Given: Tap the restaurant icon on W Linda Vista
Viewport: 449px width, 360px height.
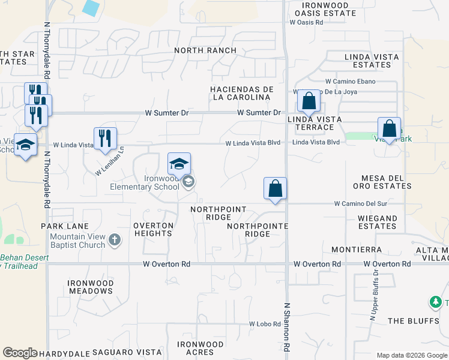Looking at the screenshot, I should pyautogui.click(x=106, y=139).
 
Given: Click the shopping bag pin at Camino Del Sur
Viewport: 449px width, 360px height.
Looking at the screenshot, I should pyautogui.click(x=275, y=188).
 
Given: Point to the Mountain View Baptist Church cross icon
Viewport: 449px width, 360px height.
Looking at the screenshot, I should pyautogui.click(x=115, y=241).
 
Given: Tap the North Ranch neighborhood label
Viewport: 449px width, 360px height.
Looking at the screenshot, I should pyautogui.click(x=205, y=50).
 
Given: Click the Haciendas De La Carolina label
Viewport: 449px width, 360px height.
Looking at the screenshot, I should pyautogui.click(x=241, y=93).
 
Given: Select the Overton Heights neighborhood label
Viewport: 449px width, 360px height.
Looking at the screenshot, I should pyautogui.click(x=153, y=229).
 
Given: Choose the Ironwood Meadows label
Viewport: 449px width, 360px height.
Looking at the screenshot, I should pyautogui.click(x=90, y=287).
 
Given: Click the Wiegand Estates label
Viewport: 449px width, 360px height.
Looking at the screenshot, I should pyautogui.click(x=378, y=222).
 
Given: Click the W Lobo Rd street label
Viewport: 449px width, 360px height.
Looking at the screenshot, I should pyautogui.click(x=265, y=324).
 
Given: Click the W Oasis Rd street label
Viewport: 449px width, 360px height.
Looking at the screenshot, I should pyautogui.click(x=306, y=22).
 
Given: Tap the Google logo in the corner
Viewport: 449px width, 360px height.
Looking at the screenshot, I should pyautogui.click(x=20, y=353).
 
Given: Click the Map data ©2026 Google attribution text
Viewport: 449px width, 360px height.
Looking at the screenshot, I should pyautogui.click(x=411, y=355).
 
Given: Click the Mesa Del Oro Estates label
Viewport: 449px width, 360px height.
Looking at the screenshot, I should pyautogui.click(x=386, y=182).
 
